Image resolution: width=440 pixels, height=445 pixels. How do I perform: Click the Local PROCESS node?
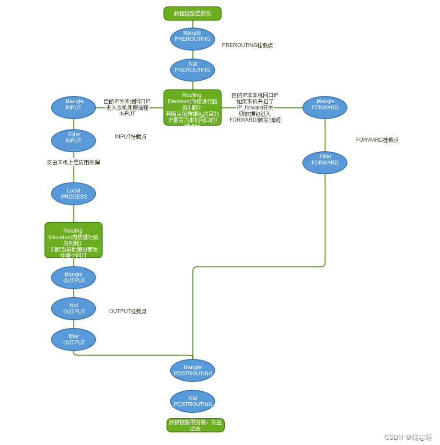[x=73, y=193]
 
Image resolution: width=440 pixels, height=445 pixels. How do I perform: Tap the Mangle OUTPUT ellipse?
[x=73, y=277]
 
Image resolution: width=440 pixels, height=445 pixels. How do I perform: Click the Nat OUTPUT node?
[x=73, y=308]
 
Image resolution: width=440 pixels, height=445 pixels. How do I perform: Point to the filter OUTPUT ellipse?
[x=73, y=339]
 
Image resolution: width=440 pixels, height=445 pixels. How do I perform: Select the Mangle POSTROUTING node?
[x=192, y=370]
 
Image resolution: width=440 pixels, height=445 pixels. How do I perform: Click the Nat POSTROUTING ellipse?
[x=192, y=401]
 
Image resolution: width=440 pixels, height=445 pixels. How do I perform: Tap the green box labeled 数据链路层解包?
[x=192, y=13]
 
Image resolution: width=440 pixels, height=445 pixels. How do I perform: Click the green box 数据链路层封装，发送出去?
[x=195, y=425]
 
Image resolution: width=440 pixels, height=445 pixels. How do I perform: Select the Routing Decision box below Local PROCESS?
[x=73, y=240]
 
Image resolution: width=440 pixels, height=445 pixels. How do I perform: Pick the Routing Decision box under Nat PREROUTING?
[x=192, y=108]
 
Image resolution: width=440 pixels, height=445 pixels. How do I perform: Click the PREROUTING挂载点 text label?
[x=247, y=45]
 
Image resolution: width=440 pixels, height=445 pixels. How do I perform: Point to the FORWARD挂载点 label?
[x=377, y=140]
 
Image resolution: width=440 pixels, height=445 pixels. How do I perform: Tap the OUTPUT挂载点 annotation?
[x=127, y=311]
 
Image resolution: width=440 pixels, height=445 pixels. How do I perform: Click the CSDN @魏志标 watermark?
[x=408, y=437]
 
